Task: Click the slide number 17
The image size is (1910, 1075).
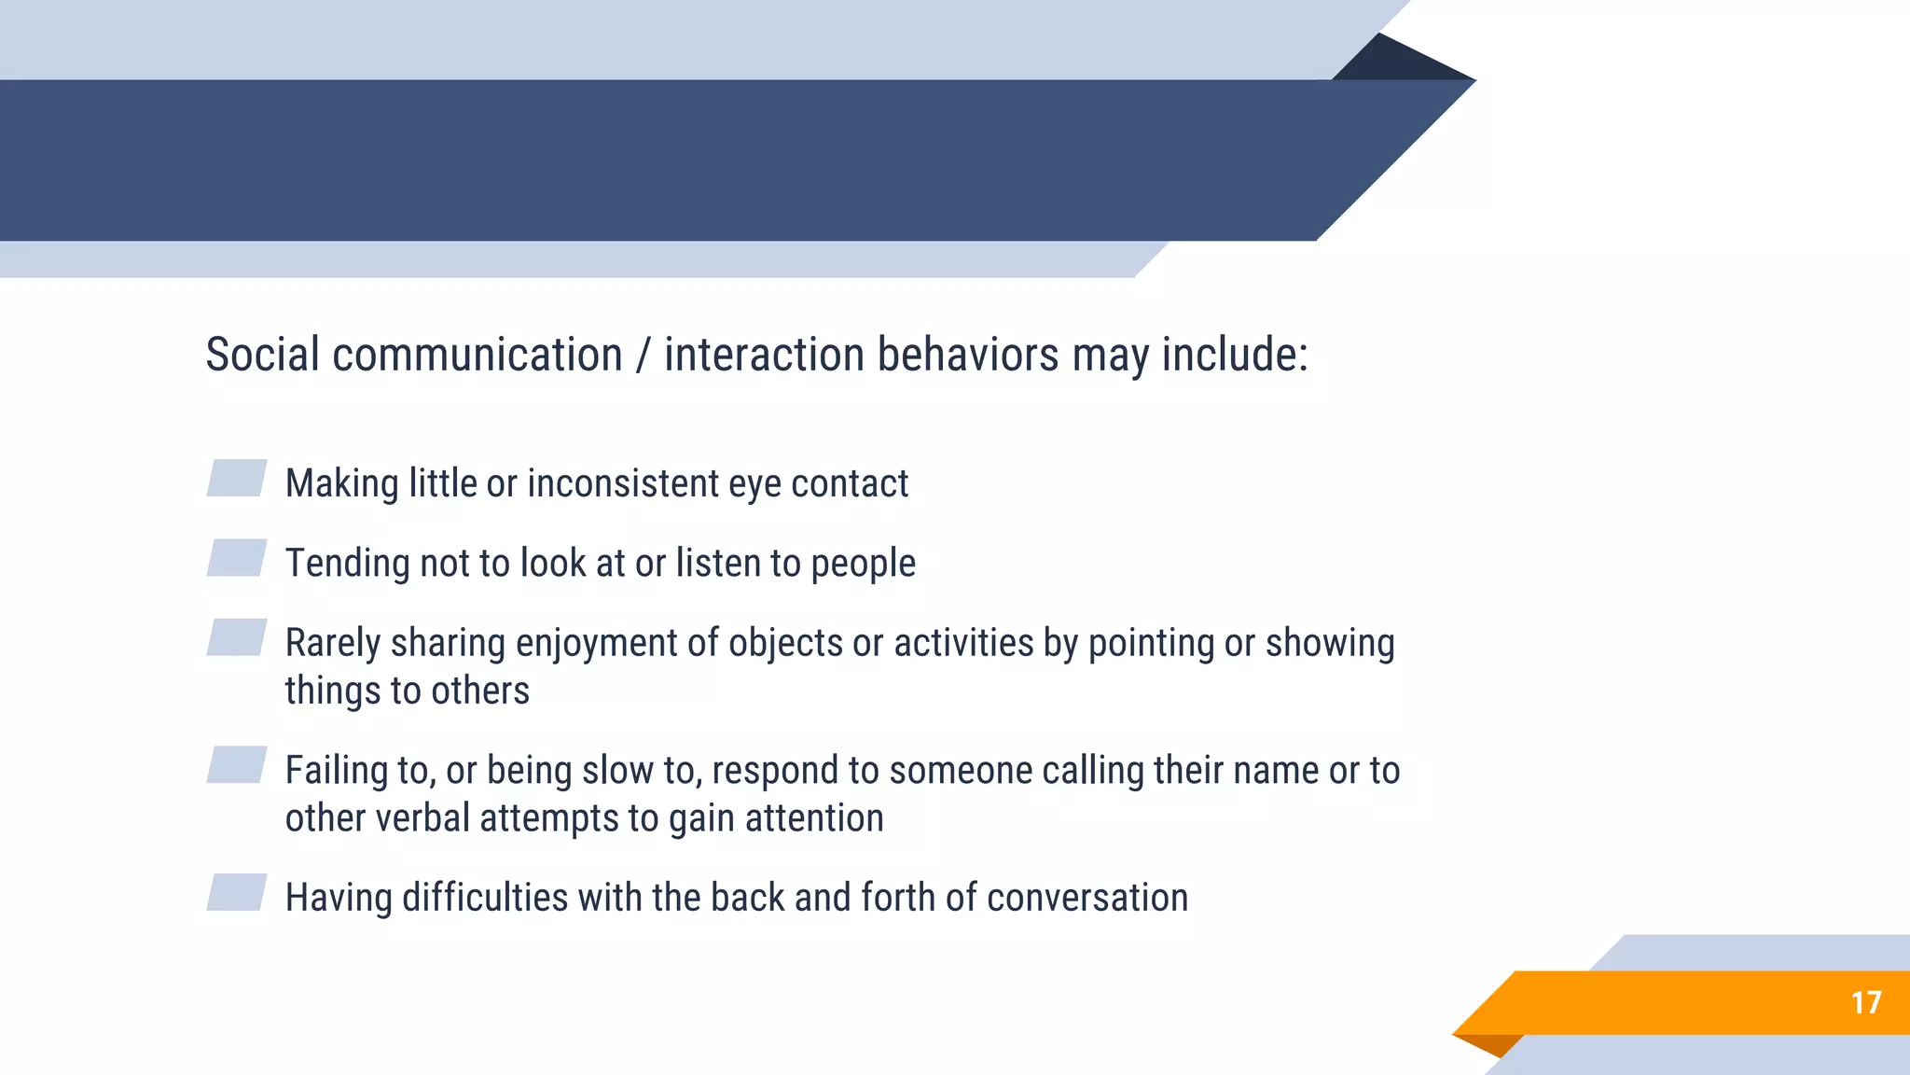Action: (1866, 1003)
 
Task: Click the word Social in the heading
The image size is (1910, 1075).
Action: (262, 355)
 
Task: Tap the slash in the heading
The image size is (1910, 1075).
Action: (643, 356)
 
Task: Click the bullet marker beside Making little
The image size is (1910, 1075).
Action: (237, 478)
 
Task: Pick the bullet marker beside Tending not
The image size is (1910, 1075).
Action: (237, 558)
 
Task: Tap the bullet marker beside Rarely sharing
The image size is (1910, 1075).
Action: (237, 637)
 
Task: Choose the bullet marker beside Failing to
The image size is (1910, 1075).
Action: (237, 765)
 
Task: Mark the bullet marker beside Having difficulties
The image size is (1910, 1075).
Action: (237, 892)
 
